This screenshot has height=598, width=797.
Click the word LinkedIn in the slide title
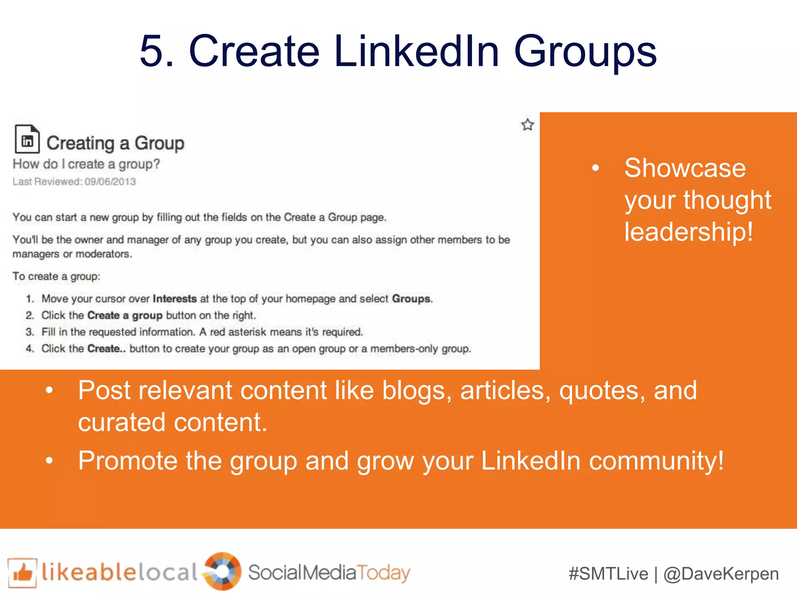coord(416,51)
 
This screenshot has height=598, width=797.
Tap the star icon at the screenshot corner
coord(527,125)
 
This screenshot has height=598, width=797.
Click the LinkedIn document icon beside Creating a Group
coord(27,139)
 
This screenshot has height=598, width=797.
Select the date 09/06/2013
coord(110,182)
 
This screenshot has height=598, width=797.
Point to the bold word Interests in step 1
coord(175,299)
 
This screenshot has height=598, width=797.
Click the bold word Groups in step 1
coord(411,299)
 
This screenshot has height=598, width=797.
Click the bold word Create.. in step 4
coord(106,348)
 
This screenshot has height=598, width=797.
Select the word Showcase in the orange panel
coord(685,168)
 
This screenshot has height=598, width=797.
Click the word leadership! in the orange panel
coord(688,232)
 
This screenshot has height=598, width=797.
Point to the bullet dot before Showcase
coord(595,168)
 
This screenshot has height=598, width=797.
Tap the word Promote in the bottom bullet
coord(128,461)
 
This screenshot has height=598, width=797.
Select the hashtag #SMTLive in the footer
coord(608,574)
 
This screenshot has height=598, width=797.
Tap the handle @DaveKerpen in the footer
coord(721,574)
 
